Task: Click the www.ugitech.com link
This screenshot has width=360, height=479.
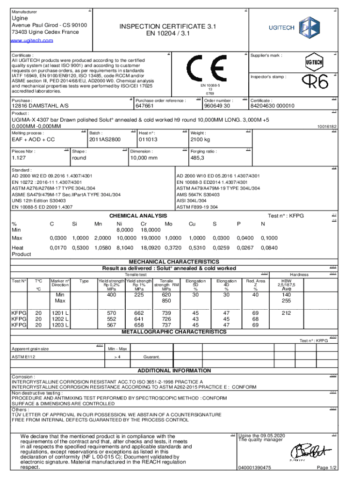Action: pos(32,40)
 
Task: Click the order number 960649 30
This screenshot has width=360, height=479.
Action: pos(217,106)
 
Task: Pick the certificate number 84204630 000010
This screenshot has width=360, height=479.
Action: pos(273,106)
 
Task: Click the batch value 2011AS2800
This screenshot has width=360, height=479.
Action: pos(105,139)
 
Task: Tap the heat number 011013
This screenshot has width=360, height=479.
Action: pos(148,139)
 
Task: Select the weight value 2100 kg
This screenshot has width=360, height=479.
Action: pos(200,139)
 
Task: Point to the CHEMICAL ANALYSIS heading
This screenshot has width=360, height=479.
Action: pos(138,216)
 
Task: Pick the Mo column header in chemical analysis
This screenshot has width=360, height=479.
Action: pos(169,224)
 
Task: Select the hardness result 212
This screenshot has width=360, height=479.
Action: pos(287,312)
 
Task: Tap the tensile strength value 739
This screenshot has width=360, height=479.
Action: pos(166,312)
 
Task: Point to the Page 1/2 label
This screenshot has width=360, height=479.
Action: pos(326,468)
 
